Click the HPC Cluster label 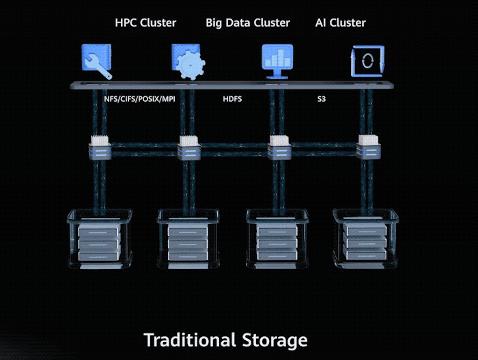point(145,23)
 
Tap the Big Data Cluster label point(247,23)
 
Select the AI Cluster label point(340,23)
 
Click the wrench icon point(97,61)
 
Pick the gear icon point(188,61)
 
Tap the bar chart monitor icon point(277,61)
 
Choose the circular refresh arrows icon point(367,61)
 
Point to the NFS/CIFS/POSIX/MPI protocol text point(139,99)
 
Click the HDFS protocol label point(232,99)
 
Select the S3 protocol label point(322,99)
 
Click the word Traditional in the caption point(190,340)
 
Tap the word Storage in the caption point(275,341)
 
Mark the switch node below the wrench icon point(100,148)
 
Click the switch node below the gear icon point(189,148)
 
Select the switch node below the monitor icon point(279,148)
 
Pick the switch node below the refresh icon point(368,147)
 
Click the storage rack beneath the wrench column point(100,239)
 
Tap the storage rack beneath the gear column point(188,239)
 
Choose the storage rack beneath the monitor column point(277,239)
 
